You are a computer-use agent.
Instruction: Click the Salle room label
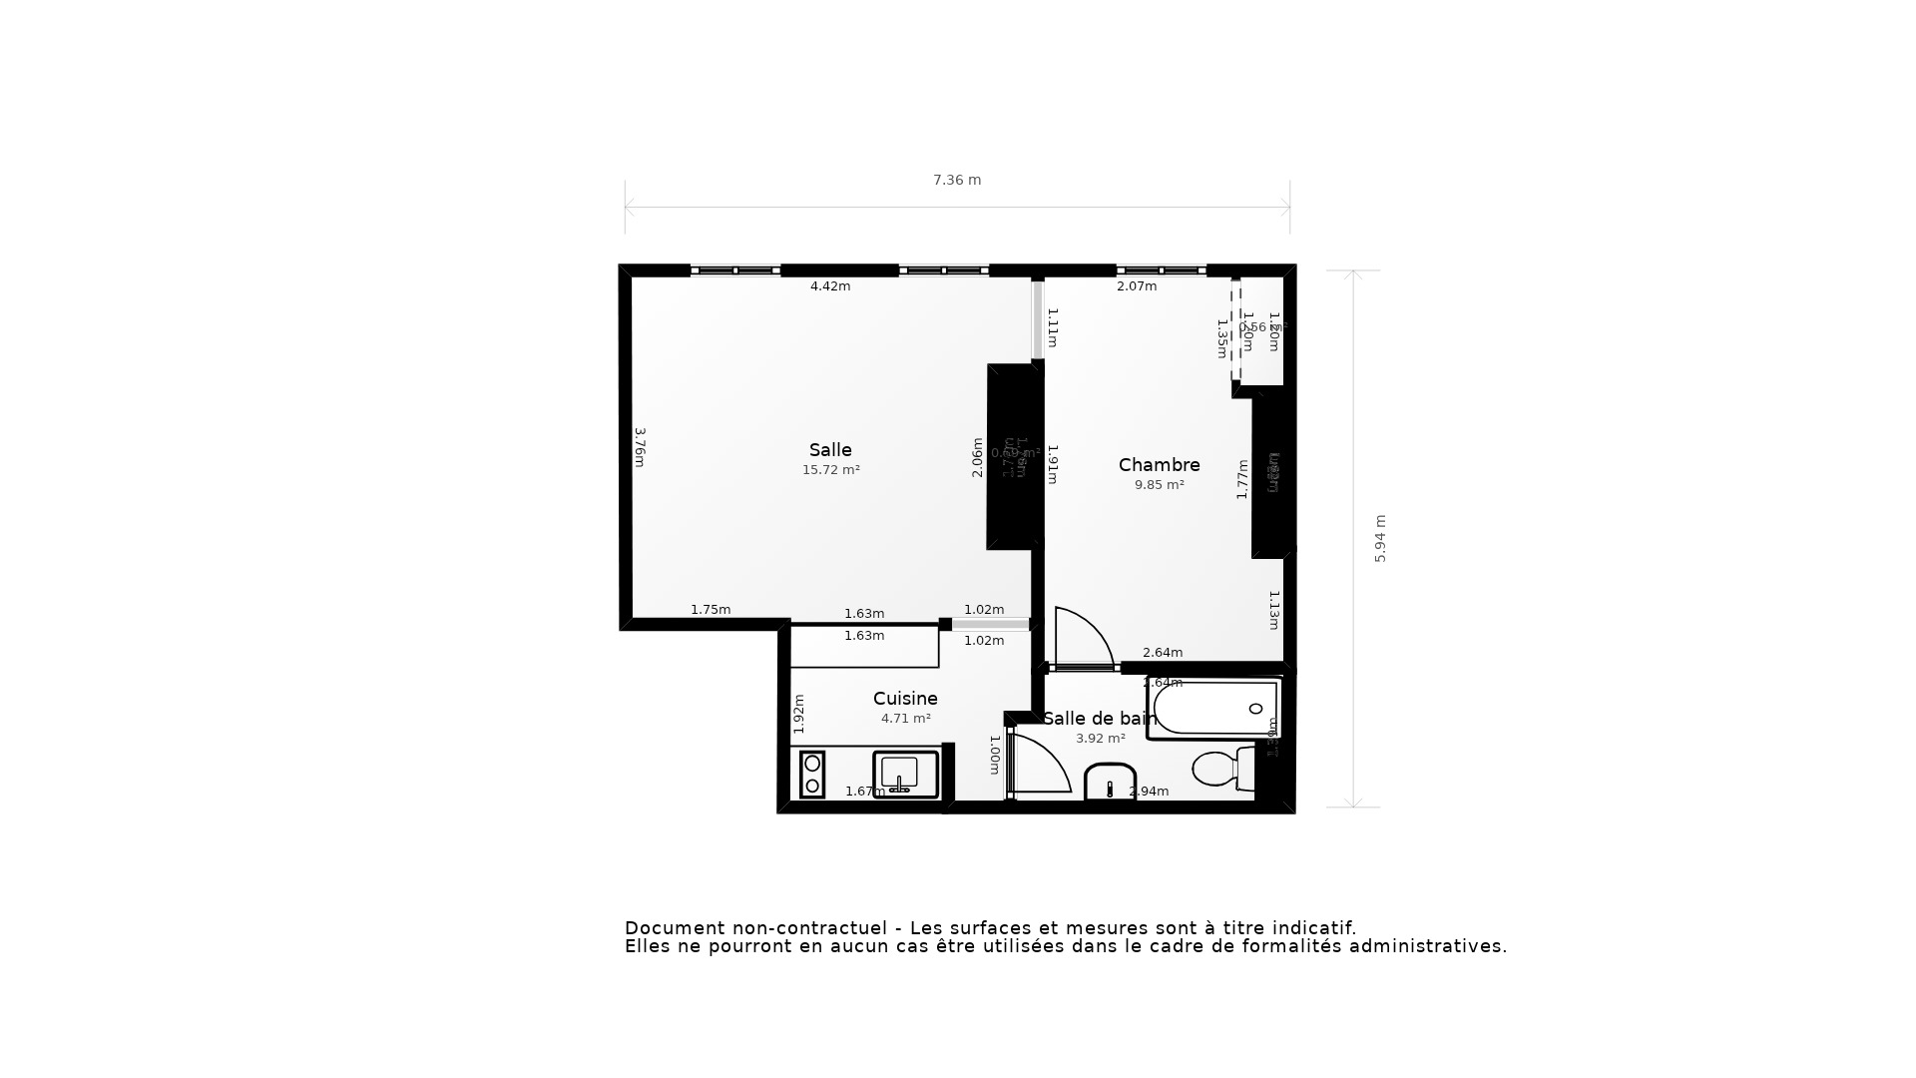(830, 450)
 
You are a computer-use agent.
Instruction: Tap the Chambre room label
(1159, 465)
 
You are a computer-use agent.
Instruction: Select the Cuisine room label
(905, 699)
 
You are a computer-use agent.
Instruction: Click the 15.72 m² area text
(830, 470)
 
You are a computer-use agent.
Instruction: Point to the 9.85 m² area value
(1159, 485)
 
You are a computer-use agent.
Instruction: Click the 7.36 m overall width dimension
(957, 181)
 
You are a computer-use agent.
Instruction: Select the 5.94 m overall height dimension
(1381, 539)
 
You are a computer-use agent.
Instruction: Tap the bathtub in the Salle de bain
(1213, 709)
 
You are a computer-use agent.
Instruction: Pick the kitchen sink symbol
(906, 775)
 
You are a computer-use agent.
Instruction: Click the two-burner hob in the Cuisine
(812, 775)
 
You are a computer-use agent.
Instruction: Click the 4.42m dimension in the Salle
(830, 286)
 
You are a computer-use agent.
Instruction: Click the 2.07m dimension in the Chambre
(1137, 286)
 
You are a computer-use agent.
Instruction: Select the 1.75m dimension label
(711, 610)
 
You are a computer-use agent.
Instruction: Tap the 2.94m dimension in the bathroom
(1149, 792)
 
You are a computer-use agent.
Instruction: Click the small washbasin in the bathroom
(1110, 783)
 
